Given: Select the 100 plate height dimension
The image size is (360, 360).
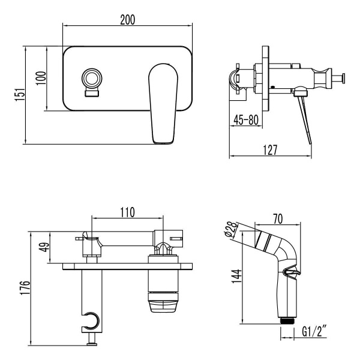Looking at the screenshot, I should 40,79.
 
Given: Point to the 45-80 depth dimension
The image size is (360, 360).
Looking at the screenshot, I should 246,120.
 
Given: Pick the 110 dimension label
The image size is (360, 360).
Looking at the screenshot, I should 127,212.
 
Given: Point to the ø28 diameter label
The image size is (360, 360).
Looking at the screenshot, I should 231,230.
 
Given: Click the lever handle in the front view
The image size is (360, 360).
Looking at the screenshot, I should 163,102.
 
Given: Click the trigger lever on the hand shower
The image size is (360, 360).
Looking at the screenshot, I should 291,273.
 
